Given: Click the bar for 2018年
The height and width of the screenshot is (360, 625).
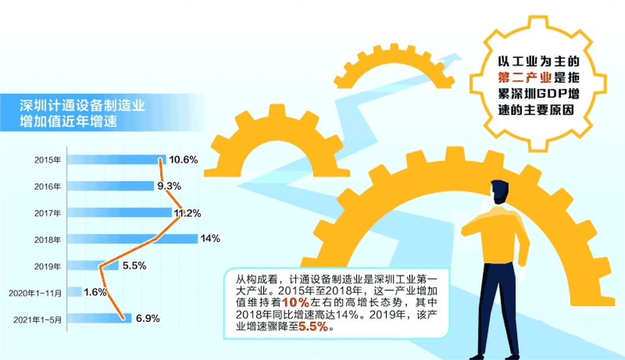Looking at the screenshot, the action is (132, 239).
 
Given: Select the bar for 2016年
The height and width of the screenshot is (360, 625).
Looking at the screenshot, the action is (110, 185).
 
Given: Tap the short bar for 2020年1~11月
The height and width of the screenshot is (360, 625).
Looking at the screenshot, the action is (74, 292).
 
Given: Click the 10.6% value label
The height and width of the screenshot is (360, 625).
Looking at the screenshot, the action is (183, 160).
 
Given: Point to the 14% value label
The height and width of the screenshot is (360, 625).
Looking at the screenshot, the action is (211, 239).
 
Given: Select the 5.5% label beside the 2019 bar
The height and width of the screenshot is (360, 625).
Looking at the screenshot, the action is (134, 265).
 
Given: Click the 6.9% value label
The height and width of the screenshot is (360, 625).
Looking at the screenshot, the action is (148, 318).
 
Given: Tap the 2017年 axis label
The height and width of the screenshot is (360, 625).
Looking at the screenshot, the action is (48, 214).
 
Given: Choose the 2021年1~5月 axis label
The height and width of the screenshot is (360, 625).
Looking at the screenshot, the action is (38, 320).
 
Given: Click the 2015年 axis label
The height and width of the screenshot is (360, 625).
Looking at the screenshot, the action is (48, 160).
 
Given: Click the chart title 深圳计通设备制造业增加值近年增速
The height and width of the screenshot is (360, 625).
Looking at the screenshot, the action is (82, 113).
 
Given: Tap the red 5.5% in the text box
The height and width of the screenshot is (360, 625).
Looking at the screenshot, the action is (313, 327).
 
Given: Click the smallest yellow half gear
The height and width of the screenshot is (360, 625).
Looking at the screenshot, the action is (394, 66).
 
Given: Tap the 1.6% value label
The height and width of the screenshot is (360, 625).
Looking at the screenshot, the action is (95, 292).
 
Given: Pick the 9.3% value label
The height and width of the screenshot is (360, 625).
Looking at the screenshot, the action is (169, 186).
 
